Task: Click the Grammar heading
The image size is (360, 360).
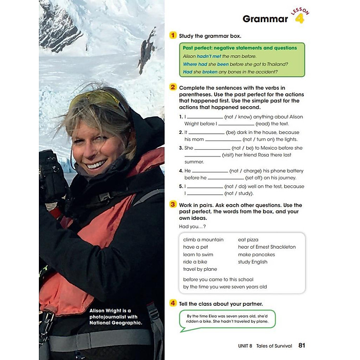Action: pyautogui.click(x=265, y=19)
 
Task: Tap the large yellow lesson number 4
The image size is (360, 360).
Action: pyautogui.click(x=300, y=19)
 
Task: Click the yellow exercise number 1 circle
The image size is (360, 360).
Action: pyautogui.click(x=173, y=35)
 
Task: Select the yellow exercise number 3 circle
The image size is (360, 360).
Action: pyautogui.click(x=173, y=204)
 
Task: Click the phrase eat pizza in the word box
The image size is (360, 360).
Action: pyautogui.click(x=248, y=240)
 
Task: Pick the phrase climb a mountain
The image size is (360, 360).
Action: pyautogui.click(x=203, y=240)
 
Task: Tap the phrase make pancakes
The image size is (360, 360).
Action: pyautogui.click(x=256, y=254)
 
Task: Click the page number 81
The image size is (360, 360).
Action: pyautogui.click(x=301, y=345)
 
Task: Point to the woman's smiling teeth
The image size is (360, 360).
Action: pyautogui.click(x=96, y=165)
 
